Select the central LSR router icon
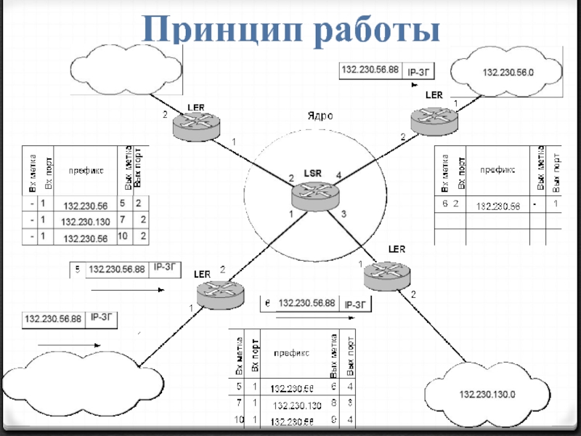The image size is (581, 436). tap(315, 193)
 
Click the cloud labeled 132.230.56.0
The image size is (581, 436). tap(507, 73)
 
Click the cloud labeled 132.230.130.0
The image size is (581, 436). tap(485, 394)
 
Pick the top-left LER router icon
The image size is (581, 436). tap(197, 126)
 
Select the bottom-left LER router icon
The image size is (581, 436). tap(222, 294)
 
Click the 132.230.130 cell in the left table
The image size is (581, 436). tap(85, 222)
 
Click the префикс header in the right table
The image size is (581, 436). tap(497, 169)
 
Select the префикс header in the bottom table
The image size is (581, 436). tap(291, 352)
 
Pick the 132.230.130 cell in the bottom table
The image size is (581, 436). tap(296, 405)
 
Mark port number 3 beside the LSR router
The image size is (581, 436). tap(344, 214)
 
